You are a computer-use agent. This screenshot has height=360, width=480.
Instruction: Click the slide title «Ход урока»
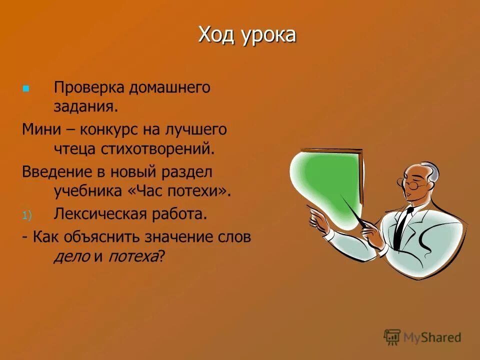[247, 35]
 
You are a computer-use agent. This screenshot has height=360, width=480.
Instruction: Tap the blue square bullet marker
[26, 88]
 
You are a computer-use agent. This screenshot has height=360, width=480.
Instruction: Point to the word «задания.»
[85, 106]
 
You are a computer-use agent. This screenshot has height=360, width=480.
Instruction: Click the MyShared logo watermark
[422, 337]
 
